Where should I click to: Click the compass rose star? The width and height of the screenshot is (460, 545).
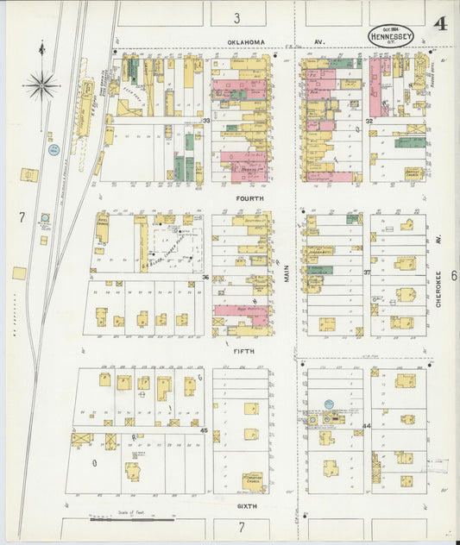pos(41,85)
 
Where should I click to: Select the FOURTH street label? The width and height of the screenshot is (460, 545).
pos(249,197)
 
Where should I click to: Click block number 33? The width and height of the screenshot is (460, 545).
pos(206,121)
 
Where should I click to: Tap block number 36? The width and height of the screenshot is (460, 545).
pos(206,277)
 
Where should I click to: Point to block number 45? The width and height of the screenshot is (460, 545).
pos(205,429)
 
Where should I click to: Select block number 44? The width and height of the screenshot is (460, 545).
pos(366,426)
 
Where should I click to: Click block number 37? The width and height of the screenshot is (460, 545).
pos(367,272)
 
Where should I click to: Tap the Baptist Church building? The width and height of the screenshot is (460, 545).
pos(413,173)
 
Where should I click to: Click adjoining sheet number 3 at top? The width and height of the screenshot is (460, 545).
pos(236,17)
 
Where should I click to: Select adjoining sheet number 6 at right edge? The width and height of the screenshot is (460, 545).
pos(452,276)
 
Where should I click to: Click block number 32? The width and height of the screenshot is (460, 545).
pos(369,121)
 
